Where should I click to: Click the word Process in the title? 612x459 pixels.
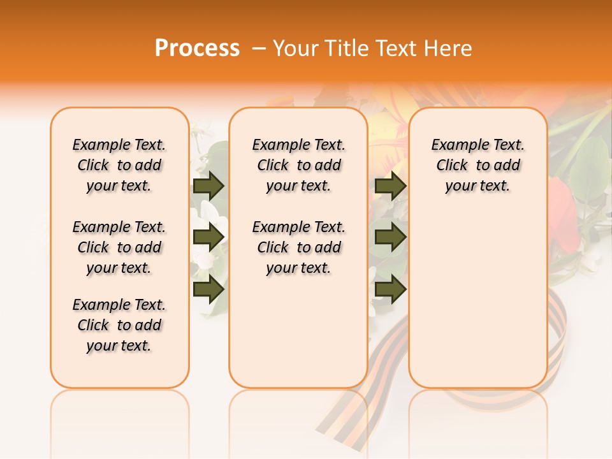(197, 48)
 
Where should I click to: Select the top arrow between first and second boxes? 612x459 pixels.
(208, 186)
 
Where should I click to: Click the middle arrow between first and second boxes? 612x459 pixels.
(208, 237)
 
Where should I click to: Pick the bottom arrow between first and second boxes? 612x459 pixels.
(208, 289)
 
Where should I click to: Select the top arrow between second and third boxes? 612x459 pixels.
(390, 186)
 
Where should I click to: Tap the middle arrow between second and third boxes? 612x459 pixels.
(390, 237)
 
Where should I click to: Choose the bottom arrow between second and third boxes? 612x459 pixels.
(390, 289)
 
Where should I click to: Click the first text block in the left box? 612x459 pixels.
(119, 165)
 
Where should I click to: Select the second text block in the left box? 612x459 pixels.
(119, 247)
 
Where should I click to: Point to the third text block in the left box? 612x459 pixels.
(119, 325)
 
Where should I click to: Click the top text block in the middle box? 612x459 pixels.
(298, 165)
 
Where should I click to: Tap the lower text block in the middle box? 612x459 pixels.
(298, 247)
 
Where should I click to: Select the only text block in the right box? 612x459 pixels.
(477, 165)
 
